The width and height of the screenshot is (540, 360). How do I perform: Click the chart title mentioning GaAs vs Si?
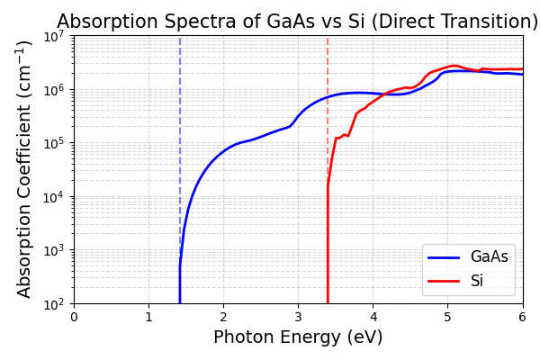click(297, 22)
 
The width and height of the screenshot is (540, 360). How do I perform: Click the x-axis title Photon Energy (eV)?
click(298, 337)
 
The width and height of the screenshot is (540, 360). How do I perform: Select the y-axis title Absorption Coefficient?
click(24, 168)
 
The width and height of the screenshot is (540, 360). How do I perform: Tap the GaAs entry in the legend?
click(490, 257)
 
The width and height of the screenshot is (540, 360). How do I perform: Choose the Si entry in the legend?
click(477, 281)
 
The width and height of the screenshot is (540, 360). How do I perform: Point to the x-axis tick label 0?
click(74, 317)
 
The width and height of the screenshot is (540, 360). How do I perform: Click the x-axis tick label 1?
click(148, 317)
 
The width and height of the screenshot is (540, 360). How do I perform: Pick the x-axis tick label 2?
click(223, 317)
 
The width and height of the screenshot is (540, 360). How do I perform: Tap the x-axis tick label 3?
click(298, 317)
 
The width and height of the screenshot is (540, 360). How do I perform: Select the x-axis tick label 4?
click(373, 317)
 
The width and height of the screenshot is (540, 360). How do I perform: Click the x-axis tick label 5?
click(447, 317)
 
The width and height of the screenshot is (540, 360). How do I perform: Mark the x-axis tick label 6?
click(522, 317)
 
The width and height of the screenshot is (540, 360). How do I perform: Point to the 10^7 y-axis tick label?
click(54, 36)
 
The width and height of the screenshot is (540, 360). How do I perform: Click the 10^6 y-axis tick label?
click(54, 89)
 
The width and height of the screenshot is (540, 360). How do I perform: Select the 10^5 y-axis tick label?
click(54, 143)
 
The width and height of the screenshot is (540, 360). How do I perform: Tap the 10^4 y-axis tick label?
click(54, 196)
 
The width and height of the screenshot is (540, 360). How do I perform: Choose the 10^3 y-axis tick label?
click(54, 250)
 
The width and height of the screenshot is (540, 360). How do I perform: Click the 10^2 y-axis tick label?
click(54, 303)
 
